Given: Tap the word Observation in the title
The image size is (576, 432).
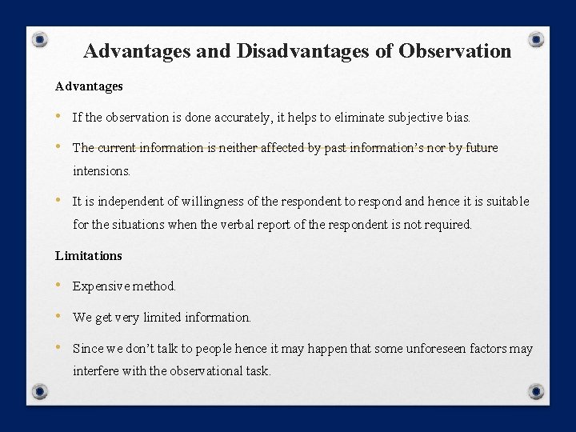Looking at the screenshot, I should pos(454,51).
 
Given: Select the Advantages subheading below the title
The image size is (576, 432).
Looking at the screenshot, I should pos(89,85).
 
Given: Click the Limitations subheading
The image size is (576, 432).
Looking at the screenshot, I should pos(89,255).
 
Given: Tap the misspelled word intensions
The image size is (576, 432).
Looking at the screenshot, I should pos(101,170).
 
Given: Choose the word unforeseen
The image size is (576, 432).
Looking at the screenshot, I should pos(428,349).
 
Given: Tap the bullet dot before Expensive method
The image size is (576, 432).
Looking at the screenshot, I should pos(58,286).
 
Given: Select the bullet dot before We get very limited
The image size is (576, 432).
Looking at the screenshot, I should pos(58,317).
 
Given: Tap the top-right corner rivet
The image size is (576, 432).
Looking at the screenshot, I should pos(537,39).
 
